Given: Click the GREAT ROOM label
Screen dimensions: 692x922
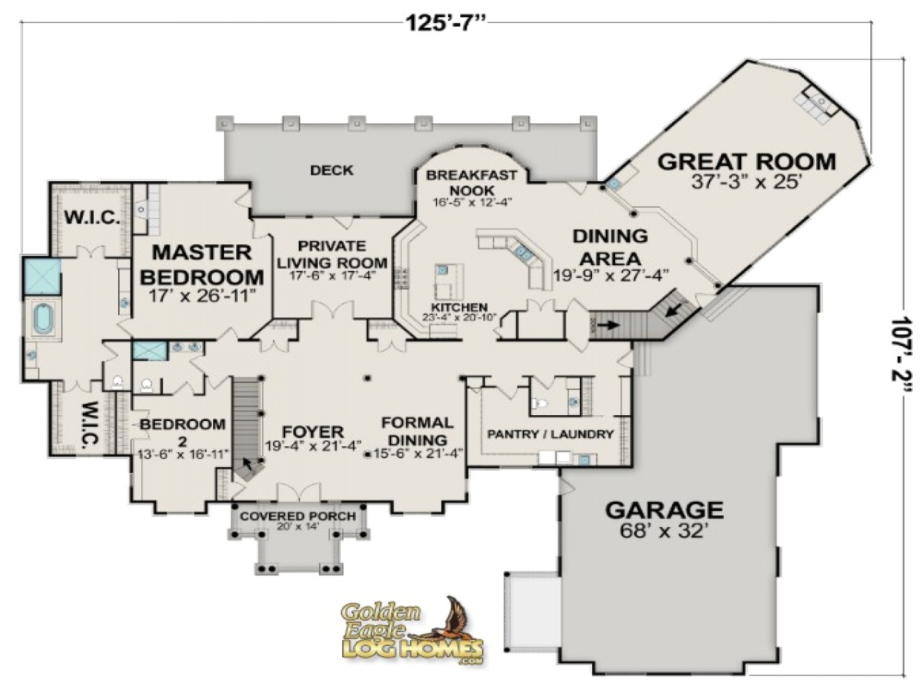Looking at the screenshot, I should (746, 162).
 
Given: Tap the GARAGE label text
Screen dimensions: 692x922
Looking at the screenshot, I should (663, 510).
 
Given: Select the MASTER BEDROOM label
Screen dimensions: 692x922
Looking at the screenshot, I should (202, 265).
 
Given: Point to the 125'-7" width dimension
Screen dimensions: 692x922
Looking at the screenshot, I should (447, 22).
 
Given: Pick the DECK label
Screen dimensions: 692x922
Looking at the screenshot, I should (331, 171).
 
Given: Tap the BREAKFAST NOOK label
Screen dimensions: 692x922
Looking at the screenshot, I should (471, 182).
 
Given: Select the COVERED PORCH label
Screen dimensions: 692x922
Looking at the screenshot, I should (297, 517).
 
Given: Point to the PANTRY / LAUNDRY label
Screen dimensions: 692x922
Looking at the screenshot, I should (550, 434).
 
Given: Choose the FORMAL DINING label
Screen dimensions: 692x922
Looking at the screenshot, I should (417, 431).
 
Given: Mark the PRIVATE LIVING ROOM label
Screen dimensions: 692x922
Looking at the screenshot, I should (332, 254).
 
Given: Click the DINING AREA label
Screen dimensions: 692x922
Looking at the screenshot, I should (610, 247).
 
